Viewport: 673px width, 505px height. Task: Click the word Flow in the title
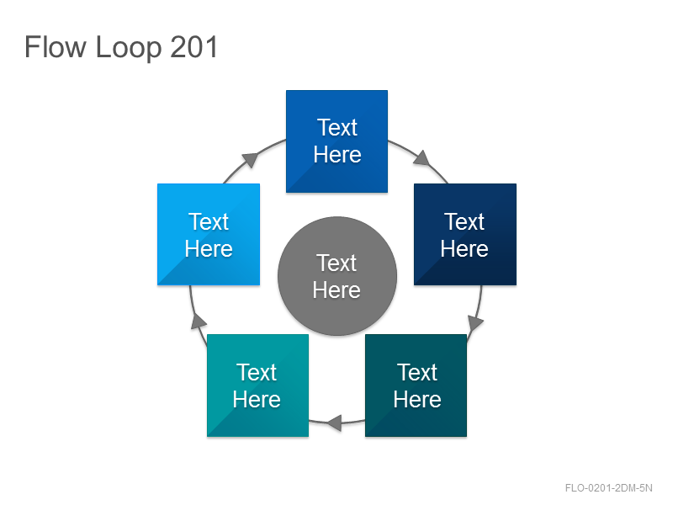(56, 47)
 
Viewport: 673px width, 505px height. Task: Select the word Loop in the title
(129, 49)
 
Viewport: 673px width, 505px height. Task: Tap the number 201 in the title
(194, 47)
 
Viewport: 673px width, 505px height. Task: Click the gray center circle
(337, 276)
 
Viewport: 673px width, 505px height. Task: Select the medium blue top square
(337, 141)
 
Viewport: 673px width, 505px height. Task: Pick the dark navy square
(465, 235)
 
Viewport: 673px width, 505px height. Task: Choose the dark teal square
(416, 385)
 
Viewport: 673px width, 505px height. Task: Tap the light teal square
(258, 385)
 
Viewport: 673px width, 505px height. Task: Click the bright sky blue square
(209, 235)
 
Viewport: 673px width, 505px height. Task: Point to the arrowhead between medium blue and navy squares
(422, 158)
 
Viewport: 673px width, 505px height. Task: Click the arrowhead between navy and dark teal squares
(474, 323)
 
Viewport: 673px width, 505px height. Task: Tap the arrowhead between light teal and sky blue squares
(199, 321)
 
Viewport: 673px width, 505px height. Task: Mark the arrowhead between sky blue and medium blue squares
(251, 160)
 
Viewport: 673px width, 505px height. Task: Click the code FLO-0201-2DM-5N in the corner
(608, 488)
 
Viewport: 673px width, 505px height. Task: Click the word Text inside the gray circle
(336, 263)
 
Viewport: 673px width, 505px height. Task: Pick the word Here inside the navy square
(464, 249)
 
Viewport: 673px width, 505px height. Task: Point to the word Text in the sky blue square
(209, 222)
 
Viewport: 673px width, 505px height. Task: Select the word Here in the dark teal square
(417, 400)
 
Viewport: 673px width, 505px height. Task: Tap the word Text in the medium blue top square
(337, 128)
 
